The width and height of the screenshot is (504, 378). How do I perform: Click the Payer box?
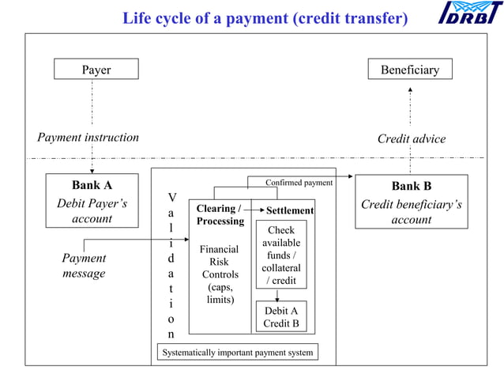(x=96, y=70)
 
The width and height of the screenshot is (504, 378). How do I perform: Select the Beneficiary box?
(x=409, y=70)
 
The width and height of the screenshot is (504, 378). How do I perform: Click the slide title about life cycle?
(x=265, y=18)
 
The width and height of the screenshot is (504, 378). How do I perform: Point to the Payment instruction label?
(x=88, y=138)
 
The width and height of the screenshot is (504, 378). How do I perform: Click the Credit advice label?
(x=411, y=139)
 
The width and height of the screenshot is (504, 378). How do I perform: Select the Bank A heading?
(x=92, y=186)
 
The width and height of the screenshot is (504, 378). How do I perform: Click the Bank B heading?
(x=411, y=187)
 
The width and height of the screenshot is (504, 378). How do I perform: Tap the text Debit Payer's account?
(x=92, y=211)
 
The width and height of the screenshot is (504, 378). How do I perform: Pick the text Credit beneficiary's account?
(x=411, y=212)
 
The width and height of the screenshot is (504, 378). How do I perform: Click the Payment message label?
(x=84, y=266)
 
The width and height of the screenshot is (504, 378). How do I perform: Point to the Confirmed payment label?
(x=299, y=183)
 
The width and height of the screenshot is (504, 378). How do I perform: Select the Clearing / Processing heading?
(x=220, y=214)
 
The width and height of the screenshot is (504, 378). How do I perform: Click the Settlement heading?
(x=290, y=211)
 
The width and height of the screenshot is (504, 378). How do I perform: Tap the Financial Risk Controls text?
(x=220, y=274)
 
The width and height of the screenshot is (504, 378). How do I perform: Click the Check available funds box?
(x=280, y=255)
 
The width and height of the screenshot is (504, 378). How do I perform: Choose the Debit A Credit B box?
(x=280, y=317)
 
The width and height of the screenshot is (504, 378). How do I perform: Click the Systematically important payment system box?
(x=237, y=352)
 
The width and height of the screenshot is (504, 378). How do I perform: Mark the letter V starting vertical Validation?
(x=172, y=197)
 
